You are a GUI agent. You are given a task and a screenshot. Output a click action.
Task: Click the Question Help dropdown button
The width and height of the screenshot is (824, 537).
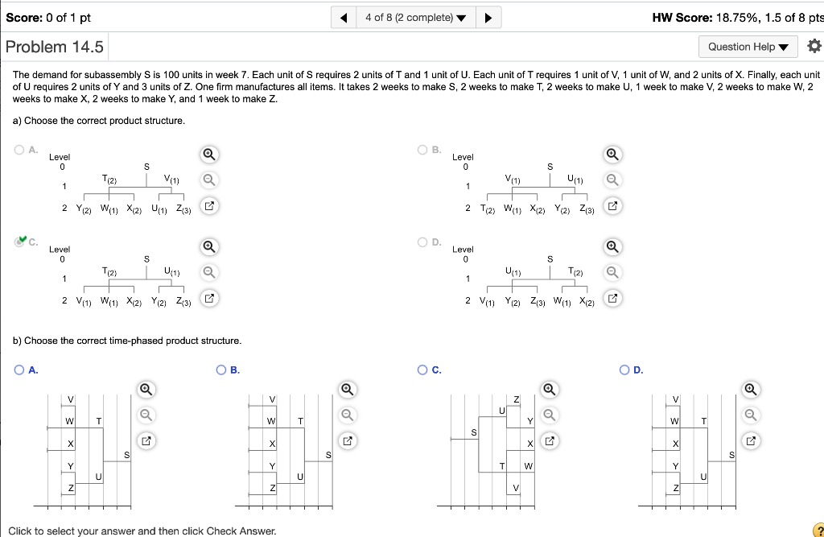coord(748,47)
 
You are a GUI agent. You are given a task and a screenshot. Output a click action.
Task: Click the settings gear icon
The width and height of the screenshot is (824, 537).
coord(814,47)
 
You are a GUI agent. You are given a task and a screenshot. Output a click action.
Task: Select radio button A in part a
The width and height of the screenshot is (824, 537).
coord(19,149)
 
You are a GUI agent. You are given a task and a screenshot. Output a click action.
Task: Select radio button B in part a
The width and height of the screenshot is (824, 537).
coord(422,149)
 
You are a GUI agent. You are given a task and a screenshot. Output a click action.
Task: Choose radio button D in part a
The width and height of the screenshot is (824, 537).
coord(422,241)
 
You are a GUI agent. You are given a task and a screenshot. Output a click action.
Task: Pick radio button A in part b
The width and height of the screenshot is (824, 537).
coord(19,370)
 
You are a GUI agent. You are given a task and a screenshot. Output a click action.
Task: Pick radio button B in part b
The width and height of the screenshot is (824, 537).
coord(221,370)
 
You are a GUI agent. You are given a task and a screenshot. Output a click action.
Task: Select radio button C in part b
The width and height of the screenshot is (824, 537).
coord(422,370)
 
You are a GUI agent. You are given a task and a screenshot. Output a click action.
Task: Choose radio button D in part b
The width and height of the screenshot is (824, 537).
coord(624,370)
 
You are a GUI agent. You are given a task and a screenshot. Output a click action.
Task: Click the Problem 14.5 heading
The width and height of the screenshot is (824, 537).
coord(55,47)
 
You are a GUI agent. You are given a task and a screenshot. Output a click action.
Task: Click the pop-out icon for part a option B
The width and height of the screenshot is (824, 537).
coord(612,207)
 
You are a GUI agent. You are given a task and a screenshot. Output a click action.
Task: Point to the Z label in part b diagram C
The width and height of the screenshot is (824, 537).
coord(517,399)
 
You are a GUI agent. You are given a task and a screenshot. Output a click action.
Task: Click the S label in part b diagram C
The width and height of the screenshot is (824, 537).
coord(474,433)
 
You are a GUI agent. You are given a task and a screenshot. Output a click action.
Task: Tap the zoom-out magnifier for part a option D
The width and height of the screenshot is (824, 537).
coord(612,272)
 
